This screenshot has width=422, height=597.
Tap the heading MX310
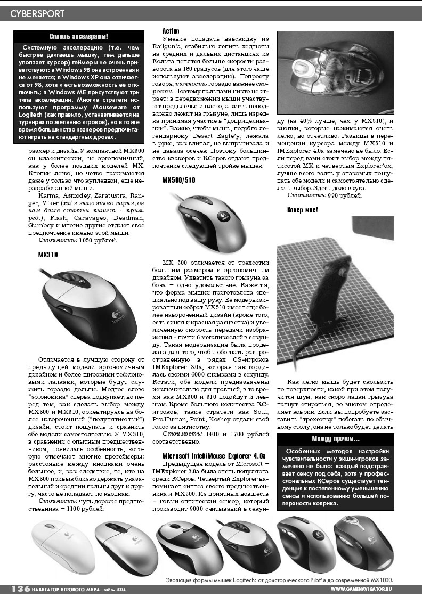[x=48, y=255]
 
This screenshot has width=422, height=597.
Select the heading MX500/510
[x=179, y=181]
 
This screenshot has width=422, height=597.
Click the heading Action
[x=171, y=31]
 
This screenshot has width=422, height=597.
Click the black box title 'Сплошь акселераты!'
[x=78, y=36]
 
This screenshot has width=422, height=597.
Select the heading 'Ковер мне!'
[x=302, y=210]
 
